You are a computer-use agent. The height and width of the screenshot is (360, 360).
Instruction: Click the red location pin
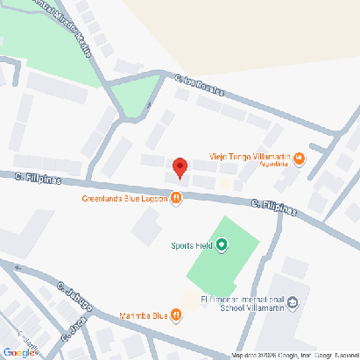(x=180, y=166)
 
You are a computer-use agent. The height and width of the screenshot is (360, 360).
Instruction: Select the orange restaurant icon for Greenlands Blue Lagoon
(x=177, y=199)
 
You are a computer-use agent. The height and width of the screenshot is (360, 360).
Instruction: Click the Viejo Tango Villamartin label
(x=250, y=154)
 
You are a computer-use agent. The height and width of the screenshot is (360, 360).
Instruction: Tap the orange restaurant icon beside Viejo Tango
(x=300, y=159)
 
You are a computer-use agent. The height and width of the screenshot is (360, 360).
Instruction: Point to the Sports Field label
(x=192, y=245)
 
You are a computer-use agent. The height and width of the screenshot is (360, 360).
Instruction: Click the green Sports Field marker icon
(x=222, y=245)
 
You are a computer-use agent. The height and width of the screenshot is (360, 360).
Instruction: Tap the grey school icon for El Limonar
(x=293, y=304)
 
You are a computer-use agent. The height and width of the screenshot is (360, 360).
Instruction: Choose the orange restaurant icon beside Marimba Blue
(x=177, y=315)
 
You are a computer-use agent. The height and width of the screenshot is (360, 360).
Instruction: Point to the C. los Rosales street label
(x=199, y=85)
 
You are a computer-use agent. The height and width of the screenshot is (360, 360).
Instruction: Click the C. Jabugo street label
(x=74, y=297)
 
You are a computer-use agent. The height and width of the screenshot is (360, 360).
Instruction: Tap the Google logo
(x=18, y=352)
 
